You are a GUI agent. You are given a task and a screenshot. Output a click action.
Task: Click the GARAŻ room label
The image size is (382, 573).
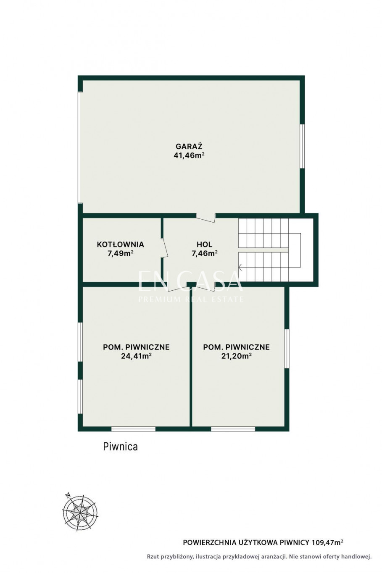pos(189,146)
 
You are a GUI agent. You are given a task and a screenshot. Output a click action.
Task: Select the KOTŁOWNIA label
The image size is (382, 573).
pos(120,244)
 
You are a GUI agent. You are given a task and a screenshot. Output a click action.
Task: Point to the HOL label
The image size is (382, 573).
pos(204,244)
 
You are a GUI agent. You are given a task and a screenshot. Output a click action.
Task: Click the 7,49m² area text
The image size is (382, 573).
pos(121,253)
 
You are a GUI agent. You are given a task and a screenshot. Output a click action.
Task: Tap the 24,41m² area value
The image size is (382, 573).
pos(136,356)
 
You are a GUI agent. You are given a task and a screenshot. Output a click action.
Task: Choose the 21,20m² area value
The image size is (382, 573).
pos(236,356)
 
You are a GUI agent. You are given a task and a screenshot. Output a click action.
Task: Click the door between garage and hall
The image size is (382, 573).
pos(206,218)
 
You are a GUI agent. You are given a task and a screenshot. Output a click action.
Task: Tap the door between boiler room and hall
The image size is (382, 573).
pos(164,247)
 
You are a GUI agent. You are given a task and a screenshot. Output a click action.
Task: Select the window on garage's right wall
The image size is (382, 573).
pos(302,146)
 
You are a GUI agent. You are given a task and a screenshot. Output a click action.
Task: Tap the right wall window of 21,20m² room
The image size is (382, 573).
pos(287,349)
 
